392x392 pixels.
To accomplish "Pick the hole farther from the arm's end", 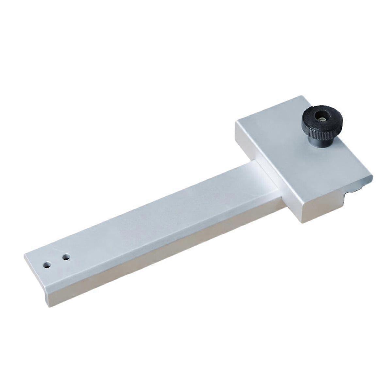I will coord(66,257).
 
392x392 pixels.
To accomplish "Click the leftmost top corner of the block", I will coord(236,122).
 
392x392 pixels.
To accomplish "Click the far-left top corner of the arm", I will coord(24,255).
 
